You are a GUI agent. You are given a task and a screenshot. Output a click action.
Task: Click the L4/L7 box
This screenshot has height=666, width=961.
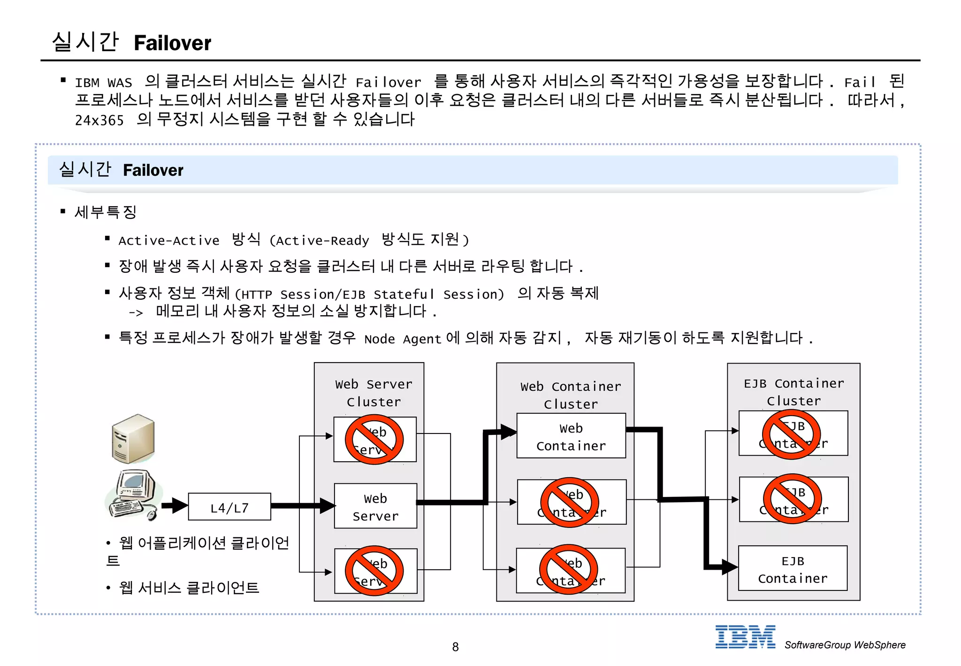click(229, 507)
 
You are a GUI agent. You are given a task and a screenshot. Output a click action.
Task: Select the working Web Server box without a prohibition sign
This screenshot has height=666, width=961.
click(375, 506)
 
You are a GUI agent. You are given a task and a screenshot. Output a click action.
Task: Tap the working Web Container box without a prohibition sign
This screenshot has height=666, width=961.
click(571, 436)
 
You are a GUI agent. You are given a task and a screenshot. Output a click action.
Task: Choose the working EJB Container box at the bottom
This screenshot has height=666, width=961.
click(793, 569)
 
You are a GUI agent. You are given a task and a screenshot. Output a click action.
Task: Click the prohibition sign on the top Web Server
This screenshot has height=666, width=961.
click(374, 440)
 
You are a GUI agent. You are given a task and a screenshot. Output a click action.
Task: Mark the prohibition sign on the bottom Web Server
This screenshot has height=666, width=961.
click(374, 571)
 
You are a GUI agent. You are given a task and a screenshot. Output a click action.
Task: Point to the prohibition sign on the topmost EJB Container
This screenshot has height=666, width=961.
click(791, 434)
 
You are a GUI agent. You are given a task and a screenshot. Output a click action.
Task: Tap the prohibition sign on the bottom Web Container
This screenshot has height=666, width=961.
click(568, 569)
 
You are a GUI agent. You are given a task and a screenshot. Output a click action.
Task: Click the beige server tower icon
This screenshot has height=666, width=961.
click(133, 439)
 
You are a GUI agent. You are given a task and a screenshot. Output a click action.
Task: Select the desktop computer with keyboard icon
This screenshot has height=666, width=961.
click(133, 495)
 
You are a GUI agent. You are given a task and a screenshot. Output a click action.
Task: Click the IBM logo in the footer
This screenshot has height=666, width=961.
click(745, 637)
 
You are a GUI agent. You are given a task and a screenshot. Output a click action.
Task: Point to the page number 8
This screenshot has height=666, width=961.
click(455, 647)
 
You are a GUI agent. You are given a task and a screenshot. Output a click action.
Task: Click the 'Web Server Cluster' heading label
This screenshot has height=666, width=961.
click(374, 393)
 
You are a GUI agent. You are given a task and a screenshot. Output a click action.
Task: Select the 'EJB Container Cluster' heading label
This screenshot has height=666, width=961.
click(793, 392)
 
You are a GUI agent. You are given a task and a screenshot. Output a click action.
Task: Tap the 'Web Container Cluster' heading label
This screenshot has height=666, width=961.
click(571, 395)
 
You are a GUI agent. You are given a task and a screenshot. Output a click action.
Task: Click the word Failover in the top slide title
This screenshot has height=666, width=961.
click(172, 43)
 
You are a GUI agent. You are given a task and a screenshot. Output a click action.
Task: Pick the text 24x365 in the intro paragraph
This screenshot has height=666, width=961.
click(99, 121)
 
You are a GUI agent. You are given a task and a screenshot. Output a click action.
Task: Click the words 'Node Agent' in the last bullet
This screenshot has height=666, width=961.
click(403, 339)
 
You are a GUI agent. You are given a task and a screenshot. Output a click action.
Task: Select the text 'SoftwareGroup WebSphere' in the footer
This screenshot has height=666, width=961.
click(845, 645)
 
